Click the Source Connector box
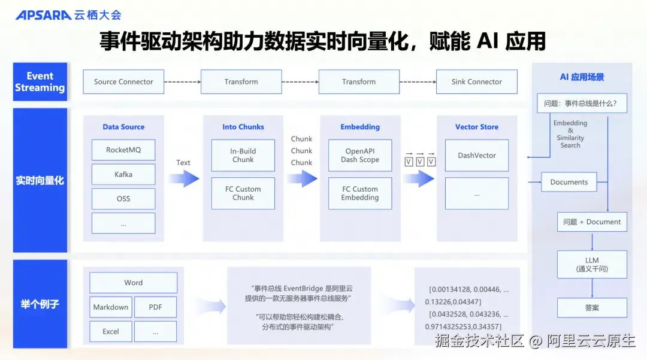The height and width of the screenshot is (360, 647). (x=123, y=82)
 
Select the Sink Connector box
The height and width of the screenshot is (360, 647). (x=476, y=82)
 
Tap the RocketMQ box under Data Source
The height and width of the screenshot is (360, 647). (x=123, y=150)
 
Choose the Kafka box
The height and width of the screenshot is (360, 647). (x=123, y=174)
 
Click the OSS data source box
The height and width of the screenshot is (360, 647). (x=123, y=199)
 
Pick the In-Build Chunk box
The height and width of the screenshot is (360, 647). (x=243, y=156)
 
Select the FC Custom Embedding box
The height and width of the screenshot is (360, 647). (x=360, y=193)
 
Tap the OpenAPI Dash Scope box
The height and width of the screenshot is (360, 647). (x=360, y=156)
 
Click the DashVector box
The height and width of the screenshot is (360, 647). (x=477, y=156)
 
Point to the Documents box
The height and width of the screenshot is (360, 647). (x=569, y=182)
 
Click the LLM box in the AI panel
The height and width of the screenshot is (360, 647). (x=592, y=265)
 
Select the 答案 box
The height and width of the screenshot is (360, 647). (x=592, y=308)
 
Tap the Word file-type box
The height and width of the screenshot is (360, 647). (x=134, y=283)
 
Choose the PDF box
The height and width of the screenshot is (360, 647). (x=155, y=307)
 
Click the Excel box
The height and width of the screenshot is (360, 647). (x=111, y=331)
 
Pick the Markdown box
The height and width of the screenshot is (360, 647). (x=111, y=307)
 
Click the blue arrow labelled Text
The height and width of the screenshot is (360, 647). (x=183, y=178)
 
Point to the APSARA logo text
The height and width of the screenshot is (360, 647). (x=43, y=15)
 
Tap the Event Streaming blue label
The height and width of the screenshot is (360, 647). (x=40, y=82)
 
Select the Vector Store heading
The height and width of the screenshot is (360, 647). (x=477, y=127)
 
